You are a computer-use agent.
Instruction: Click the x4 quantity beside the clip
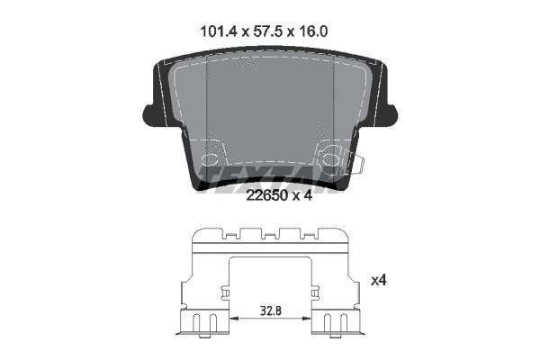pyautogui.click(x=379, y=281)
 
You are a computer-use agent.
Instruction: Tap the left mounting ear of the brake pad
pyautogui.click(x=152, y=113)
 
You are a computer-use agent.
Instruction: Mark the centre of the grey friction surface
pyautogui.click(x=270, y=117)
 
